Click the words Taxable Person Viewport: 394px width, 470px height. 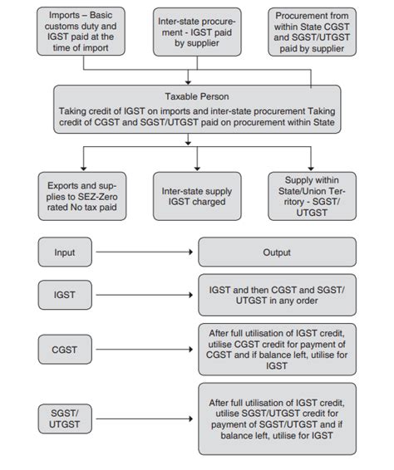197,95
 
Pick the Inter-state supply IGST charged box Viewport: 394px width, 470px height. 197,196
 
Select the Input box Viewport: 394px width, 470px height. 65,252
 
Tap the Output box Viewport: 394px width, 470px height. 277,252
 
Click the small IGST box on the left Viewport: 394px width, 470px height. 65,295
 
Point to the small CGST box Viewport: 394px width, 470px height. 65,350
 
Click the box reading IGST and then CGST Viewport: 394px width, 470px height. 277,295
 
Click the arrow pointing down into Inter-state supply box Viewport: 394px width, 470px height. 197,159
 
